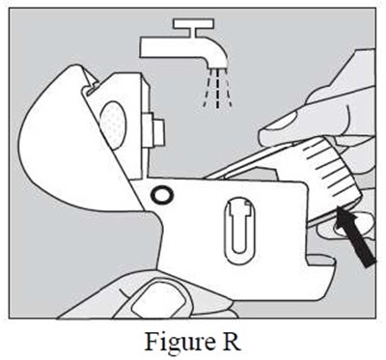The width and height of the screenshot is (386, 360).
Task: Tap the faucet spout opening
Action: (216, 66)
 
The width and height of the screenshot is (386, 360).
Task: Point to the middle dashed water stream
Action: (217, 89)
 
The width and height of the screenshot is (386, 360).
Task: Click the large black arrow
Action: (355, 236)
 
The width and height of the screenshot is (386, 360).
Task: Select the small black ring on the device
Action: (162, 194)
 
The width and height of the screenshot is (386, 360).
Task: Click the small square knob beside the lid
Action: (158, 131)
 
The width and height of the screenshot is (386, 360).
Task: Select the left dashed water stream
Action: (207, 89)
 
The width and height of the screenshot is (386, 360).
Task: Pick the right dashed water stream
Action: (228, 89)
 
